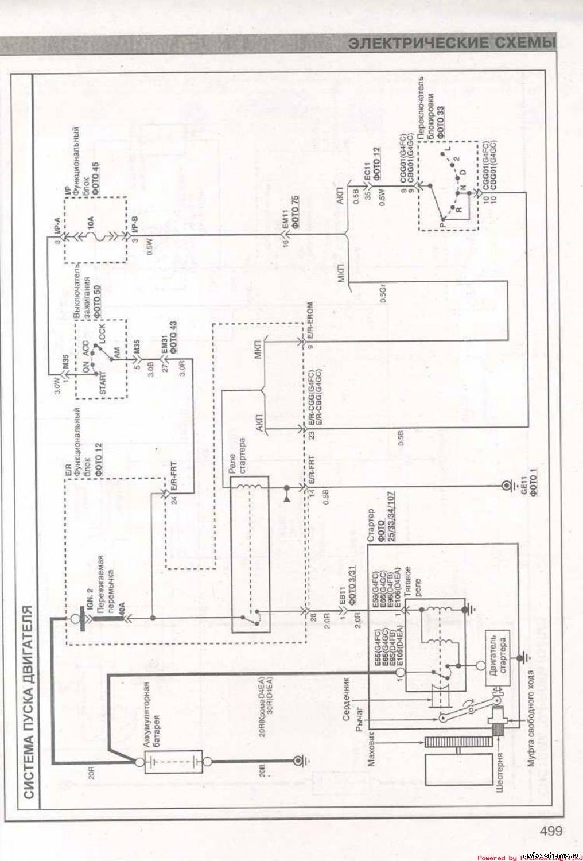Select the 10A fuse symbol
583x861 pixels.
pos(95,235)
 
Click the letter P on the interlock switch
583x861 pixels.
pos(442,219)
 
